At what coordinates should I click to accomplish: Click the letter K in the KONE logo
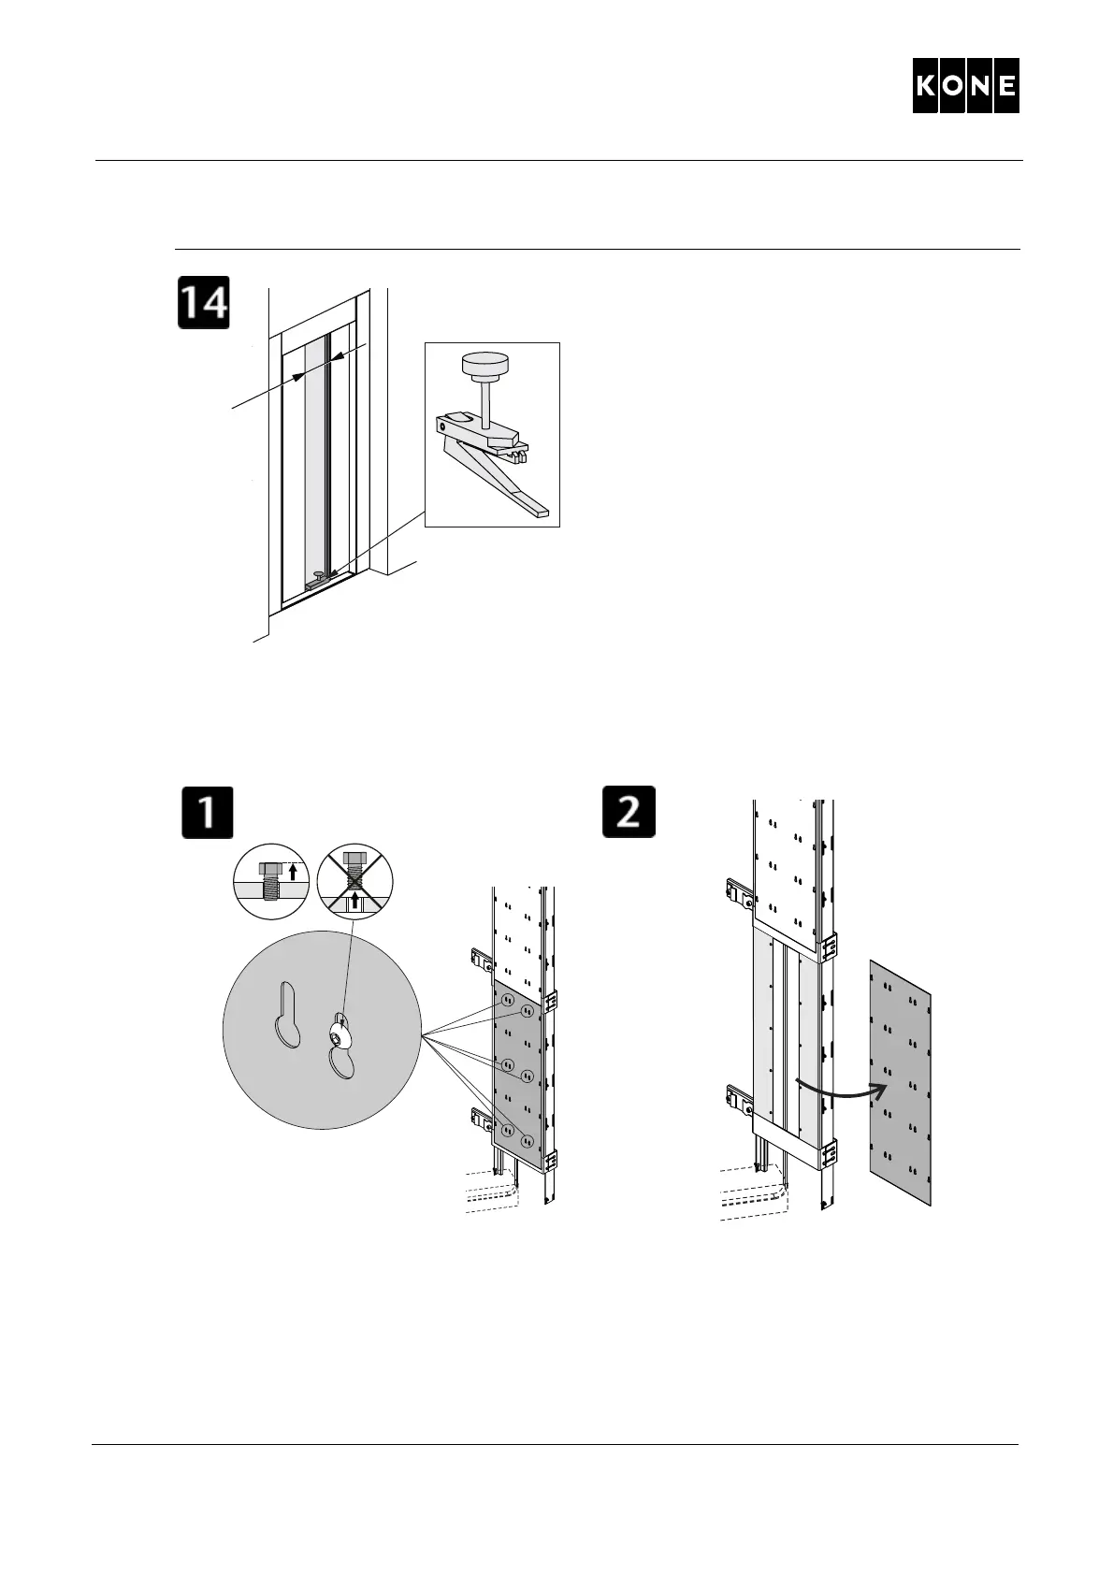coord(926,86)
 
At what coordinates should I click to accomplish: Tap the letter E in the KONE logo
coord(1005,86)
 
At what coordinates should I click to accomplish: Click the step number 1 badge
coord(207,812)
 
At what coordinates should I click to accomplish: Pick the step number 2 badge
coord(629,812)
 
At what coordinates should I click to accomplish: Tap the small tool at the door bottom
coord(318,580)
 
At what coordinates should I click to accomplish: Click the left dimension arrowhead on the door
coord(298,376)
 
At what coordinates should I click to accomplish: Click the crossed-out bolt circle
coord(355,879)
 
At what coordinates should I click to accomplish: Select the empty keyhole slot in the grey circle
coord(288,1015)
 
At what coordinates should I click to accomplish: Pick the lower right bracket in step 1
coord(551,1160)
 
